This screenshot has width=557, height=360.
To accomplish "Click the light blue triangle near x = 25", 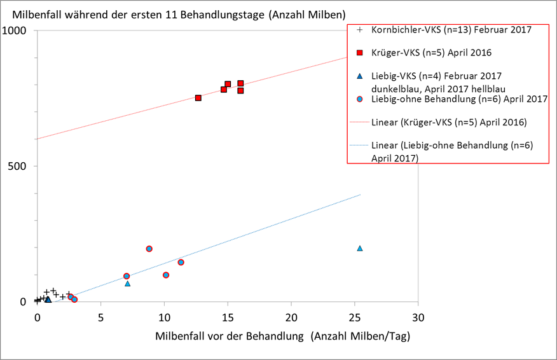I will point(360,248).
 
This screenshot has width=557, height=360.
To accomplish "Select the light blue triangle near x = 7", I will point(128,283).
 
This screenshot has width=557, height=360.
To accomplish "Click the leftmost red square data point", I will point(198,98).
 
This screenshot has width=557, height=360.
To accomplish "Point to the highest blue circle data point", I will point(149,249).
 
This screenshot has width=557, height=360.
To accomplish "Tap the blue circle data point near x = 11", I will point(181,262).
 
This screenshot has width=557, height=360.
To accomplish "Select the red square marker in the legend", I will point(360,52).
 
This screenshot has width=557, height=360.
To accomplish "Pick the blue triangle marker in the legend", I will point(360,76).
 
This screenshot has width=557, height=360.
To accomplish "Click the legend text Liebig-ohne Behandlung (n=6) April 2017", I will point(459,99).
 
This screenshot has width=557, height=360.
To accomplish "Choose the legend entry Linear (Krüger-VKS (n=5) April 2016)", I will point(449,121).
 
